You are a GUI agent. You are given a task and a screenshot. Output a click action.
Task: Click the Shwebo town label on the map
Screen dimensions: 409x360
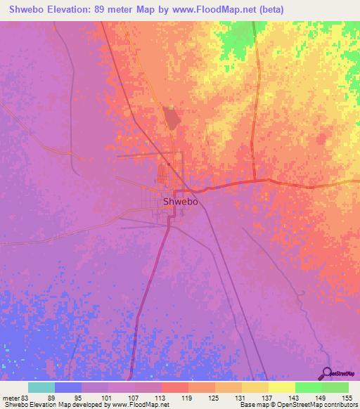coord(180,201)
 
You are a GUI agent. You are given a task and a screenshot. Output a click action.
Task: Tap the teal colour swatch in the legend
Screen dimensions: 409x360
coord(41,387)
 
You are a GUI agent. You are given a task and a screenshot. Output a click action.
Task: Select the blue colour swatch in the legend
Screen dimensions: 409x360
coord(68,387)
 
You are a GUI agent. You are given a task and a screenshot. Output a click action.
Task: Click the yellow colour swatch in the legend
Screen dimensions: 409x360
coord(281,387)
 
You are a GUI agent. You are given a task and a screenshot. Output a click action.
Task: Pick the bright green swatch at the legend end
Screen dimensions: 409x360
coord(335,387)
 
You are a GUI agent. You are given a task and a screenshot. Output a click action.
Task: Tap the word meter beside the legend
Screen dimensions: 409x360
coord(11,396)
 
